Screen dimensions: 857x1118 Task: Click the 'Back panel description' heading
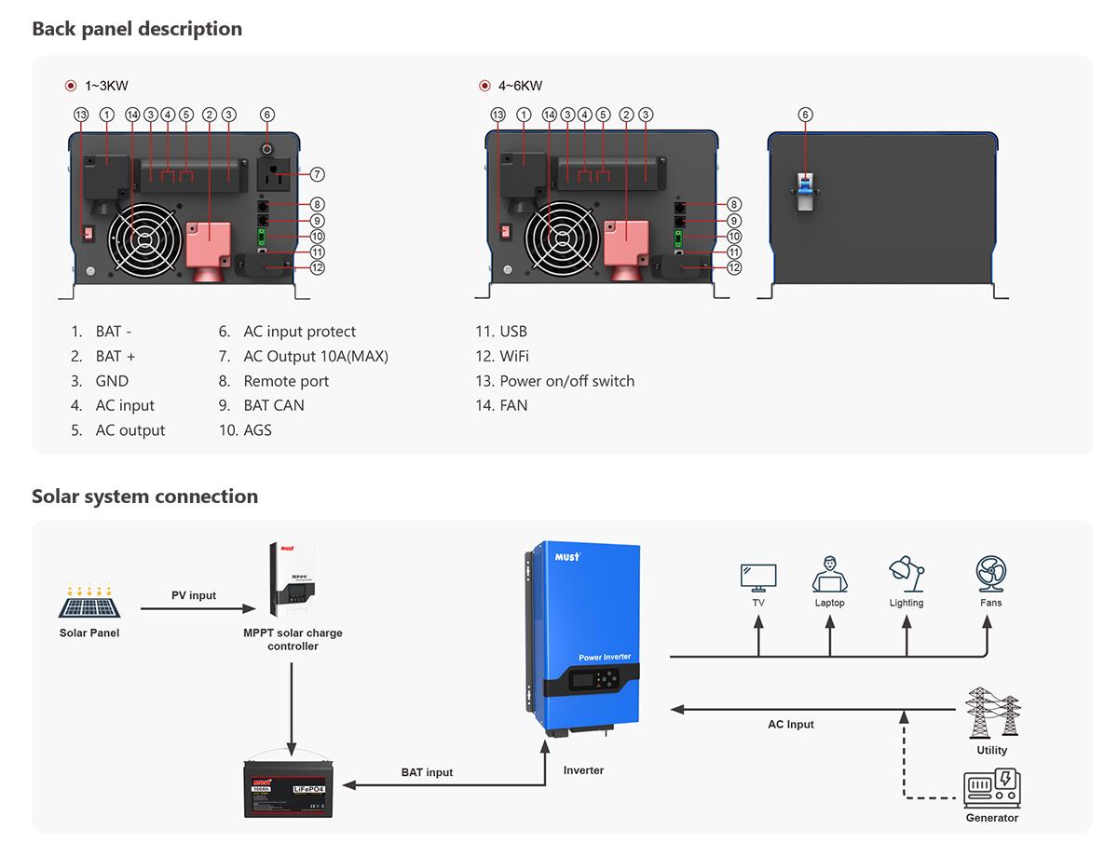pyautogui.click(x=137, y=29)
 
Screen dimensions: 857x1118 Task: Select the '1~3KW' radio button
pyautogui.click(x=71, y=86)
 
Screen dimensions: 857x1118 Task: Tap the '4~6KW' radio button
pyautogui.click(x=484, y=86)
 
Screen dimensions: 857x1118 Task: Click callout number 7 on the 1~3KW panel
pyautogui.click(x=317, y=174)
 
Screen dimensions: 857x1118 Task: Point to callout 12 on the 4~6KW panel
pyautogui.click(x=734, y=267)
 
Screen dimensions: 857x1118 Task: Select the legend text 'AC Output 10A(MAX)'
pyautogui.click(x=316, y=356)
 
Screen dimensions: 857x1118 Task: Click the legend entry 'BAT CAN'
pyautogui.click(x=274, y=405)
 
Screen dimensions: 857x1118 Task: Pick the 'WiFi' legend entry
pyautogui.click(x=514, y=356)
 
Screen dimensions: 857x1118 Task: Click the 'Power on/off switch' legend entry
pyautogui.click(x=566, y=381)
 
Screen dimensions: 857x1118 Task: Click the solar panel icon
pyautogui.click(x=89, y=602)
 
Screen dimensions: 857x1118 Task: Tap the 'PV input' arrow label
pyautogui.click(x=194, y=595)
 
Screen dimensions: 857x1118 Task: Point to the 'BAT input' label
pyautogui.click(x=428, y=772)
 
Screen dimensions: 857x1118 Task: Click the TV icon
pyautogui.click(x=758, y=577)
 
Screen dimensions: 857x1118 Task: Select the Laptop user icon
pyautogui.click(x=829, y=575)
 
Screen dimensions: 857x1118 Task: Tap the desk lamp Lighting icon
pyautogui.click(x=906, y=574)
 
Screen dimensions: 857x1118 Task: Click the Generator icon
pyautogui.click(x=991, y=787)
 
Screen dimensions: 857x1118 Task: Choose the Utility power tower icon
pyautogui.click(x=992, y=713)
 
